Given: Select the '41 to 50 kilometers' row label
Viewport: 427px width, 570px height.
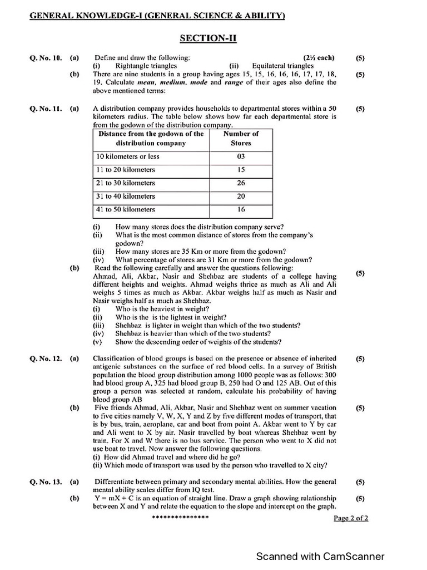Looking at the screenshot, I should (126, 210).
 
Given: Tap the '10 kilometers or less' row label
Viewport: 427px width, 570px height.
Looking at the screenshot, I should (128, 156).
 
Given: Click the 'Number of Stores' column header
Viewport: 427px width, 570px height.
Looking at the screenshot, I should (241, 138).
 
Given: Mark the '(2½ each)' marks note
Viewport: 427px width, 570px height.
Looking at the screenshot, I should (319, 57).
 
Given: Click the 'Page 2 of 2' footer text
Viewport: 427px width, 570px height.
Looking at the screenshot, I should (351, 518).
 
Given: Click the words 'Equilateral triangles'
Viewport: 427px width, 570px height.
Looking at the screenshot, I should (282, 66).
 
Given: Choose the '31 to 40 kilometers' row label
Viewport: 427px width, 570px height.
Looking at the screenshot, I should (126, 196).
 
